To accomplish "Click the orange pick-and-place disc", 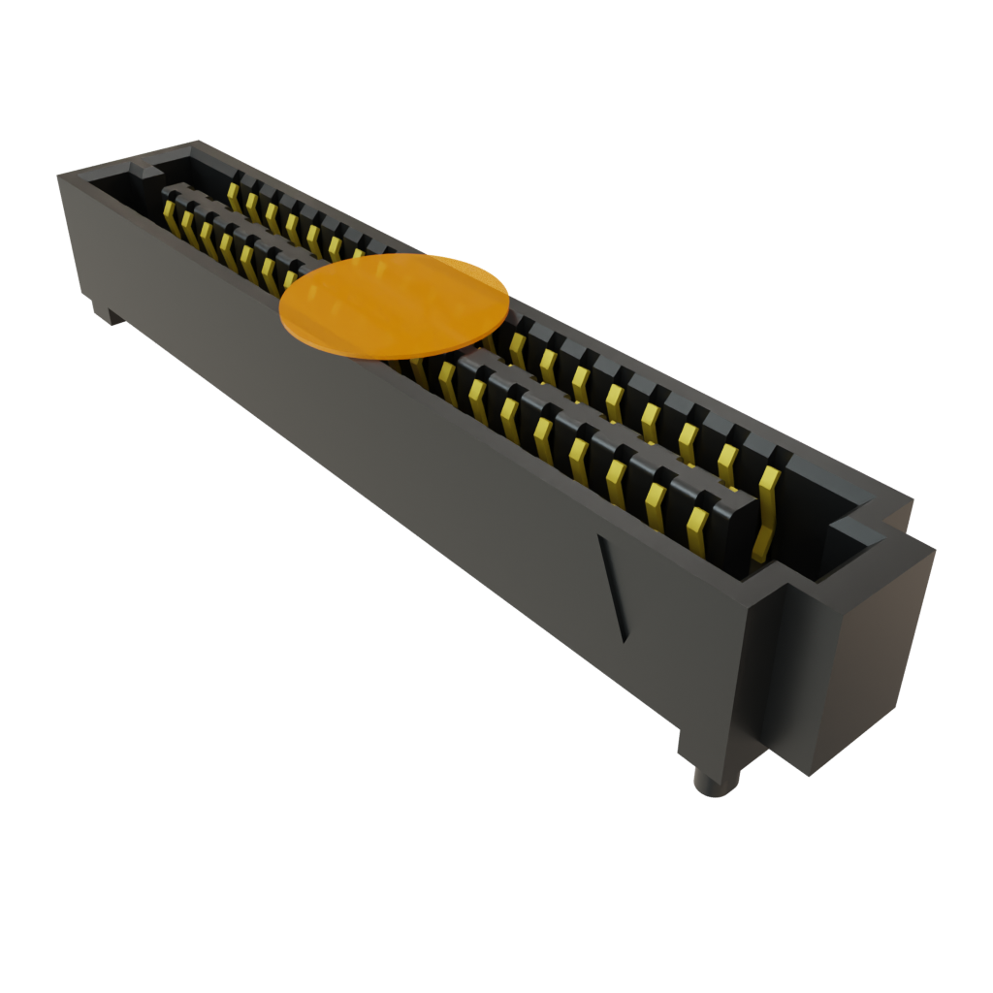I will click(x=394, y=304).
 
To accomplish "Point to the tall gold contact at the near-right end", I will click(x=766, y=514).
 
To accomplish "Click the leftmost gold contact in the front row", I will click(x=171, y=217).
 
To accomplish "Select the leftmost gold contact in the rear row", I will click(x=234, y=193).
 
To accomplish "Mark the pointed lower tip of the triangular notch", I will click(x=623, y=641).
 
